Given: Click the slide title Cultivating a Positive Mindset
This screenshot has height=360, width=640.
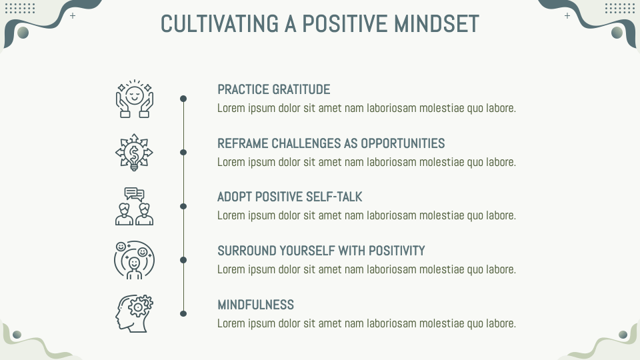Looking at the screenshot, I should click(319, 24).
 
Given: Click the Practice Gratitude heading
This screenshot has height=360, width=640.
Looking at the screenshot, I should click(273, 89).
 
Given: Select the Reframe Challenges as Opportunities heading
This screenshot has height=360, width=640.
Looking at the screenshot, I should click(331, 143).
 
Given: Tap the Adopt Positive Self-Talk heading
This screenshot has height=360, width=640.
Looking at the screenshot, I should click(289, 197).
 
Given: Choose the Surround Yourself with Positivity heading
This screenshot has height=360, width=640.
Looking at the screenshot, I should click(321, 251).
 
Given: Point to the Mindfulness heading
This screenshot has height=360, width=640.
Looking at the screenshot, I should click(255, 305).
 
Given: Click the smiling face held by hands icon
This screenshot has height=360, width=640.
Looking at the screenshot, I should click(134, 99).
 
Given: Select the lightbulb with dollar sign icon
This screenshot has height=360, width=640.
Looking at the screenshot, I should click(134, 153).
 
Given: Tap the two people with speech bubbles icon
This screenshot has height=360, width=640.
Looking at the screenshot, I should click(134, 206).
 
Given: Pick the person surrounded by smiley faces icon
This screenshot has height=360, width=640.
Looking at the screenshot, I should click(134, 260).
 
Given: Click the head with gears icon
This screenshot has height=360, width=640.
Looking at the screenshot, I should click(134, 313).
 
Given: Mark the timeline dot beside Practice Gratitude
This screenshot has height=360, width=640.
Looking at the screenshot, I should click(183, 99).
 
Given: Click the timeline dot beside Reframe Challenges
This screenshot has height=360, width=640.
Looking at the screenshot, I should click(183, 153).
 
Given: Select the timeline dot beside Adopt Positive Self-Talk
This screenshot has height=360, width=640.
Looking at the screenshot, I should click(183, 206).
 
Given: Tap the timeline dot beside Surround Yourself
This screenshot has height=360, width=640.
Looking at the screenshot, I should click(183, 260).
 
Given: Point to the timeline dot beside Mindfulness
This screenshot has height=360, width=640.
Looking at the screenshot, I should click(183, 313).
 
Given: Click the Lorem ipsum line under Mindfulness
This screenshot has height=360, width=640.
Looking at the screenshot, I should click(366, 323).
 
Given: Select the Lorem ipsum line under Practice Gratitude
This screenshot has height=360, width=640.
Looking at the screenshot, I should click(366, 108).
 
